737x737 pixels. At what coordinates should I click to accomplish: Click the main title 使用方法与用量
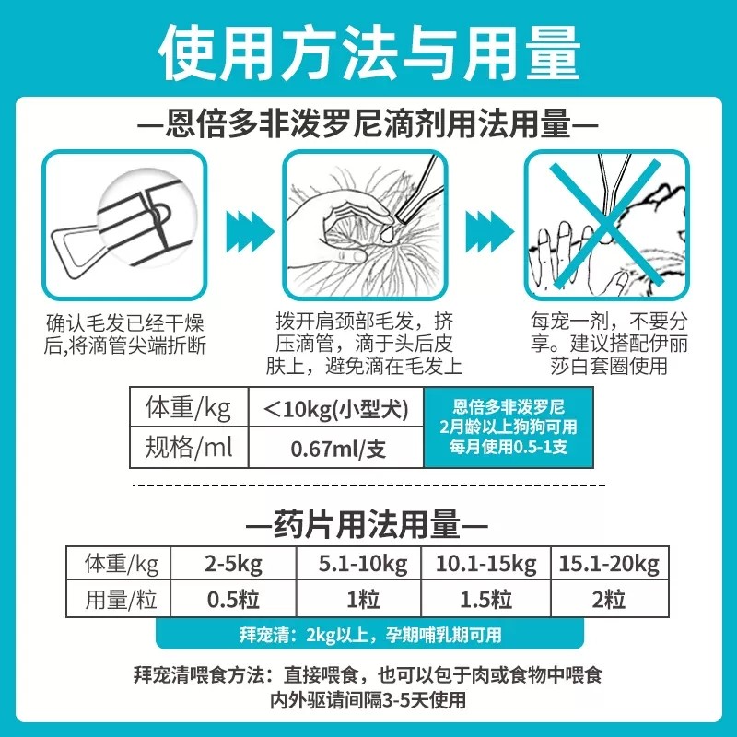tap(368, 51)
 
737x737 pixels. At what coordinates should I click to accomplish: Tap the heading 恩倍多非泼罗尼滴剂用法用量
tap(368, 123)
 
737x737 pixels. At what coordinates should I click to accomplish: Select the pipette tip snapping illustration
tap(124, 224)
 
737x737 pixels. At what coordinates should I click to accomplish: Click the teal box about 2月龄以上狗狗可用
tap(502, 427)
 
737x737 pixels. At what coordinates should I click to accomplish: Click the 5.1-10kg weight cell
tap(358, 563)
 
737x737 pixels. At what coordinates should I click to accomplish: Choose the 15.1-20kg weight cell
tap(608, 563)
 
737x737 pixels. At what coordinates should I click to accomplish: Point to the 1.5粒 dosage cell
tap(485, 601)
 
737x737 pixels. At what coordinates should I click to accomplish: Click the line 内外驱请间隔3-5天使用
tap(368, 700)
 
